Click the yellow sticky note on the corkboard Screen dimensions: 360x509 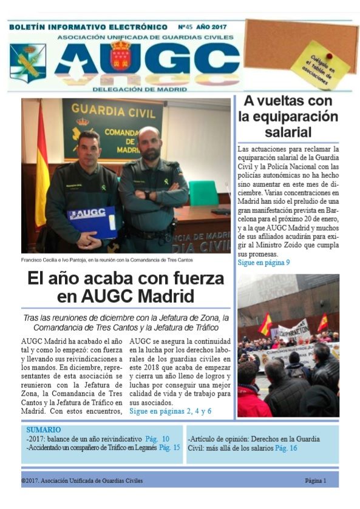click(320, 66)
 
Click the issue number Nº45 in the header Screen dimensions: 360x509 click(189, 27)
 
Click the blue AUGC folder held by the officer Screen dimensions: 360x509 click(92, 221)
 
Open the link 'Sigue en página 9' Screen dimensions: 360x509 click(263, 263)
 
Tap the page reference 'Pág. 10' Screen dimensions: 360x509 click(157, 439)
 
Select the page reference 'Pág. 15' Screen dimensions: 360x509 click(169, 448)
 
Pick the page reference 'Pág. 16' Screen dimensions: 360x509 click(286, 448)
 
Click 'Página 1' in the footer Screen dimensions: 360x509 click(316, 480)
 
